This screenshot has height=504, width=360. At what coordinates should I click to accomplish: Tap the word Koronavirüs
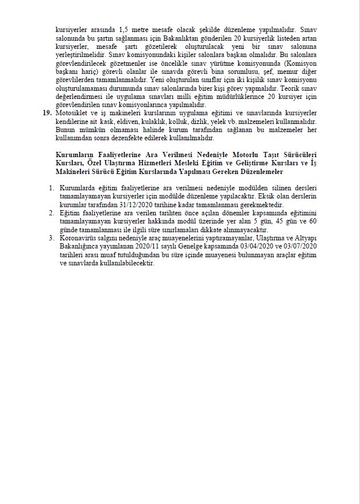click(x=80, y=238)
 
